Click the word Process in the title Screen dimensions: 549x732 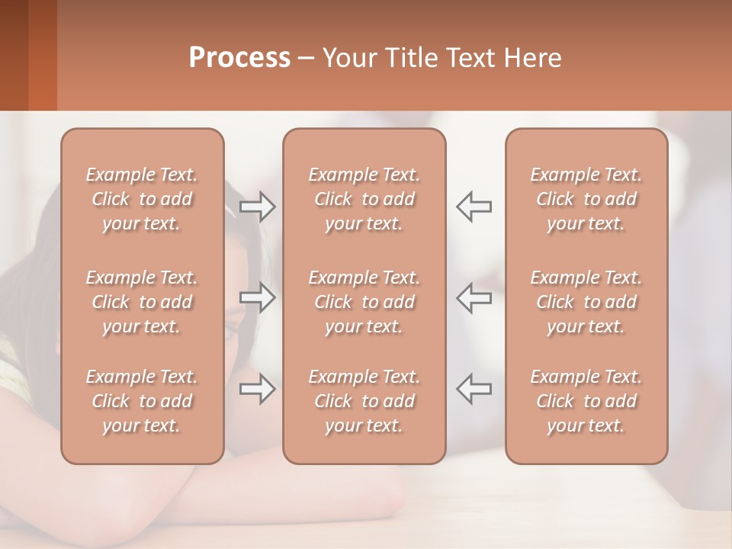click(239, 58)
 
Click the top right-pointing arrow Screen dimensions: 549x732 click(258, 207)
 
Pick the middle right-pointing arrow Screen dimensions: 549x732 click(258, 297)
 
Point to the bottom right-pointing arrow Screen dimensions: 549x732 click(258, 389)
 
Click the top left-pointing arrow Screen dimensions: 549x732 click(474, 207)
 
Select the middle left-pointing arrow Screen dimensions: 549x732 click(474, 297)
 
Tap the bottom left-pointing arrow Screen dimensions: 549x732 click(474, 389)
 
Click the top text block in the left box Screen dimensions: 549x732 click(142, 199)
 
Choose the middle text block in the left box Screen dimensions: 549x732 click(142, 302)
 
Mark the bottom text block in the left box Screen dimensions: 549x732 click(142, 401)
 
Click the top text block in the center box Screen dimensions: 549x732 click(364, 199)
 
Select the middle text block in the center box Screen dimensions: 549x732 click(364, 302)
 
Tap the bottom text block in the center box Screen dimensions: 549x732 click(364, 401)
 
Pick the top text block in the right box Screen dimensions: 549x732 click(586, 199)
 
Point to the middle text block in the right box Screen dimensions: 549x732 click(586, 302)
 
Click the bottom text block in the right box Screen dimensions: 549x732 click(586, 401)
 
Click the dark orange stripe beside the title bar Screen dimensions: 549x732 click(42, 55)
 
